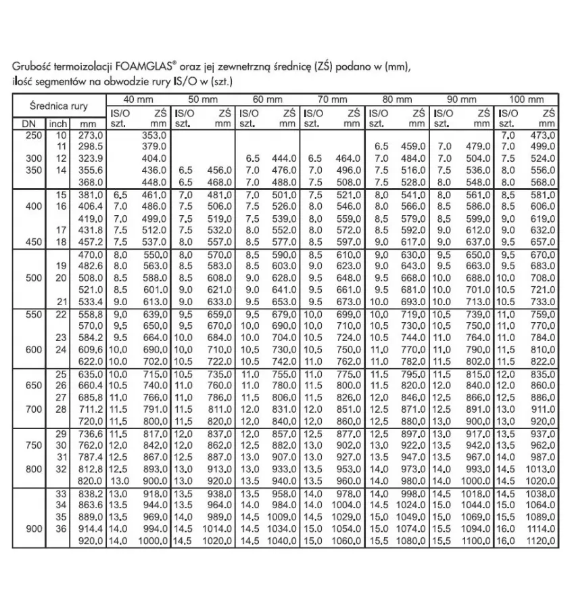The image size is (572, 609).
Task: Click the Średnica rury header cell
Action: pyautogui.click(x=58, y=106)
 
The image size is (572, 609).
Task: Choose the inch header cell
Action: pyautogui.click(x=57, y=124)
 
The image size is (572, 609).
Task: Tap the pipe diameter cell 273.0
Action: pyautogui.click(x=91, y=135)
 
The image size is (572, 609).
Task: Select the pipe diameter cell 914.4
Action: pyautogui.click(x=89, y=528)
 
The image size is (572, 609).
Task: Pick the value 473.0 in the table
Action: pyautogui.click(x=542, y=135)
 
